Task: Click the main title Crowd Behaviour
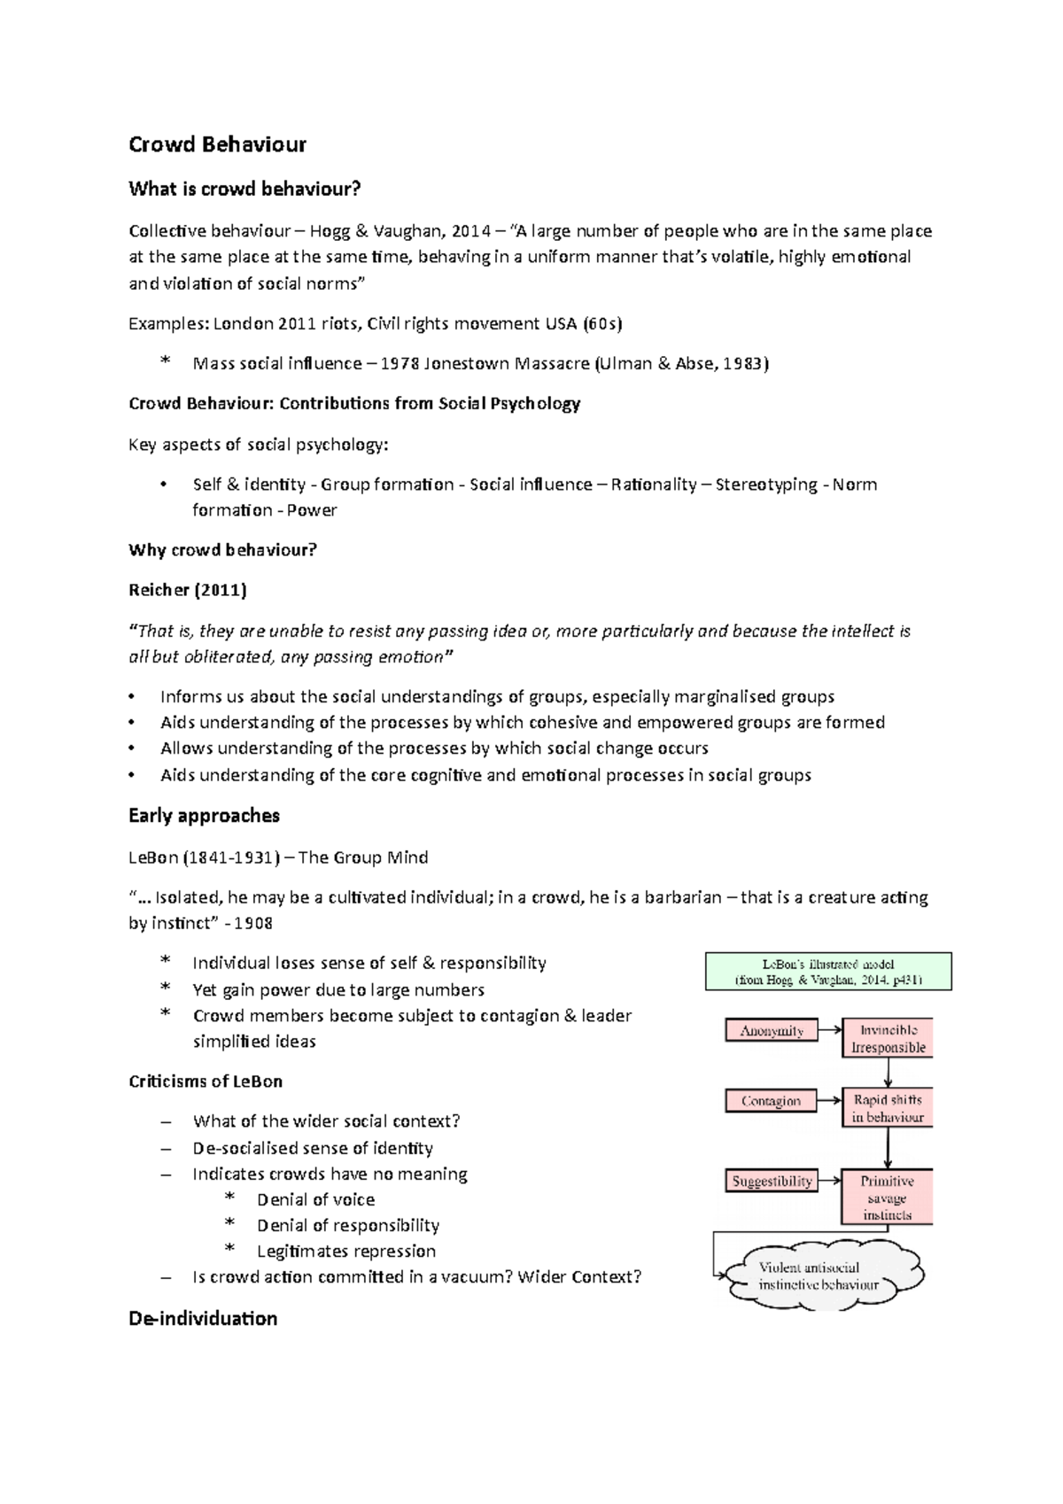217,144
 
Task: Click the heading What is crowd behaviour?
244,189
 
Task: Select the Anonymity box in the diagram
772,1030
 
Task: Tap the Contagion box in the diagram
771,1100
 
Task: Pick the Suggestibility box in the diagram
772,1181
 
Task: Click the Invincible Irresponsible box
888,1038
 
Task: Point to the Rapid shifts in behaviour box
888,1108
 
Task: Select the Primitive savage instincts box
888,1198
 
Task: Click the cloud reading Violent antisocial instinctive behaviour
819,1275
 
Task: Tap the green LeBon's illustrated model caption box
828,972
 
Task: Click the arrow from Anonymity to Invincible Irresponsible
830,1030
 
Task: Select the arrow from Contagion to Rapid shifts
830,1100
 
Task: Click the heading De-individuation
203,1318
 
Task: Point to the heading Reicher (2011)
188,590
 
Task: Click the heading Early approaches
204,816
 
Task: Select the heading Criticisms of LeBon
206,1081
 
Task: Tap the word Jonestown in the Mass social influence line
470,363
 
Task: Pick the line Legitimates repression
346,1251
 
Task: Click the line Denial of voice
315,1199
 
